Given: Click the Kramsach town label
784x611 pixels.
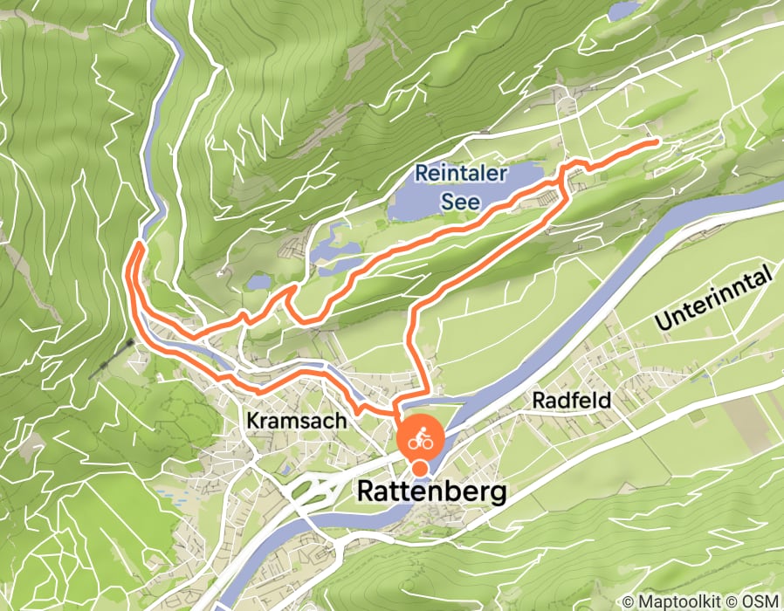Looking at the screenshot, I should (x=297, y=421).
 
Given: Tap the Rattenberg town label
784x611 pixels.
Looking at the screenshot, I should (x=431, y=493).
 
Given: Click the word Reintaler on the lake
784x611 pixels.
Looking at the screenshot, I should (x=460, y=173).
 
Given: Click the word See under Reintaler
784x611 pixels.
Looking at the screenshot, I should (x=460, y=201).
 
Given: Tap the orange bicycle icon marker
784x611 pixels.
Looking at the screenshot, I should (x=421, y=441).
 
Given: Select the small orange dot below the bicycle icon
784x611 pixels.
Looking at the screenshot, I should (x=420, y=470).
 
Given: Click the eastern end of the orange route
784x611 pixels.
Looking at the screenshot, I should (x=655, y=141).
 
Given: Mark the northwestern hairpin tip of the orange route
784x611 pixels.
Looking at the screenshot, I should (x=136, y=248).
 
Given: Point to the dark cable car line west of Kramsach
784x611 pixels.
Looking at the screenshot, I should (x=112, y=359).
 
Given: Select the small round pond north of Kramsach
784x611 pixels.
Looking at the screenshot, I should (x=259, y=283).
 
